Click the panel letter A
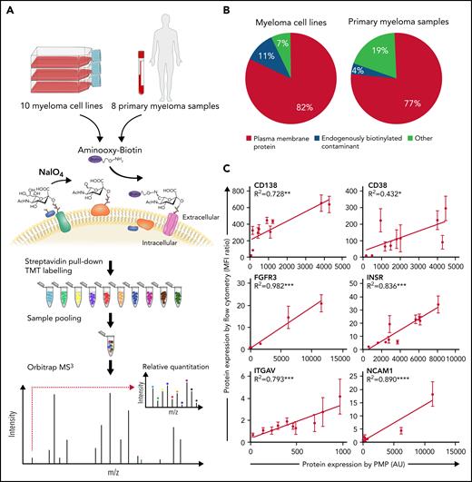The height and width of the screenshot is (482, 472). click(11, 11)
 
